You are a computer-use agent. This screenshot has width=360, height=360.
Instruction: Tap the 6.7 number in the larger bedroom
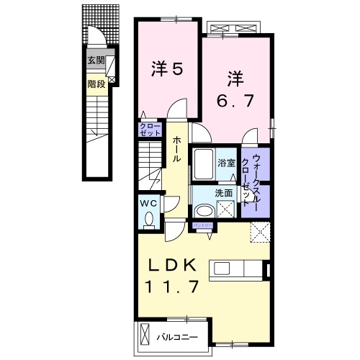[x=236, y=101]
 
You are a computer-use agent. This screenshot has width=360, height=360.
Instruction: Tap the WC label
[x=148, y=203]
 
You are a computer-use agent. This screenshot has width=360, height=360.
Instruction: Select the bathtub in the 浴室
[x=202, y=165]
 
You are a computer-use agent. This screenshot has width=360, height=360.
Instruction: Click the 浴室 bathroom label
[x=227, y=163]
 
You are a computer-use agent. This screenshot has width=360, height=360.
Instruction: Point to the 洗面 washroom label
[x=223, y=193]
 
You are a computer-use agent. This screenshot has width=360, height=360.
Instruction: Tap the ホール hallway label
[x=175, y=148]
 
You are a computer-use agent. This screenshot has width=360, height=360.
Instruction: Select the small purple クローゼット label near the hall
[x=150, y=130]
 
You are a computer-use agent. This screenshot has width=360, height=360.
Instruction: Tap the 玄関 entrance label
[x=95, y=60]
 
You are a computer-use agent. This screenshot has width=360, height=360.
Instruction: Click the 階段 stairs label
[x=96, y=84]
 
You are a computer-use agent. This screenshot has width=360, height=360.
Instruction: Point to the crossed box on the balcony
[x=144, y=336]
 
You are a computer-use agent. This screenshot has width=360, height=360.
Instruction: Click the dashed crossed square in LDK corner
[x=258, y=232]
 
